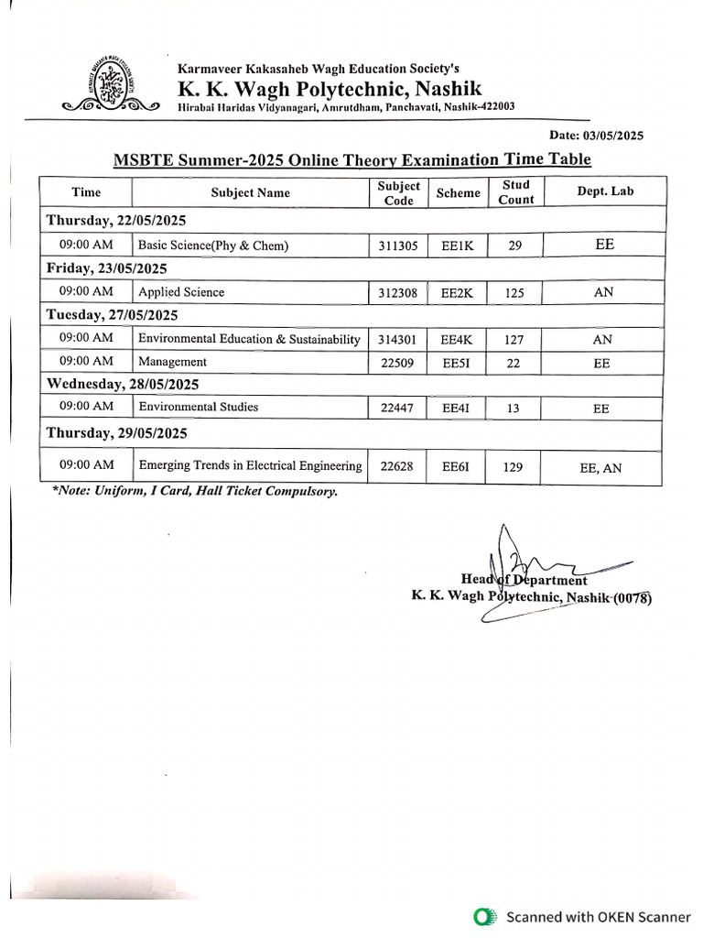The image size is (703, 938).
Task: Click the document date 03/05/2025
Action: [x=597, y=135]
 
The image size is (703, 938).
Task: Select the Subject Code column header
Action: [x=398, y=192]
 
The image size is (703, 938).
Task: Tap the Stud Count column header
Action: [x=515, y=192]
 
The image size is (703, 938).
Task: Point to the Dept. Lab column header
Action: [x=604, y=191]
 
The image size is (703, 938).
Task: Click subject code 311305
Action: [x=398, y=245]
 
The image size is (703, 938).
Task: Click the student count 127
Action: [x=514, y=340]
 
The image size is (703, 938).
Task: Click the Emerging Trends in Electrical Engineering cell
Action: [x=250, y=466]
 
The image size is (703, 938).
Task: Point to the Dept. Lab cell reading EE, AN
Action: [x=600, y=468]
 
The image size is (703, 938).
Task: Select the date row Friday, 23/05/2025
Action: [x=107, y=268]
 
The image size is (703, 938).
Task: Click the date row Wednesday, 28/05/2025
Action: [x=123, y=384]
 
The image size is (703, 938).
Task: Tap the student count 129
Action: [x=514, y=467]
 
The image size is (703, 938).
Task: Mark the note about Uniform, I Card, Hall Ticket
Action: [x=195, y=492]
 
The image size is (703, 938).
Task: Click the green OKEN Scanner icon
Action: [x=486, y=916]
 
